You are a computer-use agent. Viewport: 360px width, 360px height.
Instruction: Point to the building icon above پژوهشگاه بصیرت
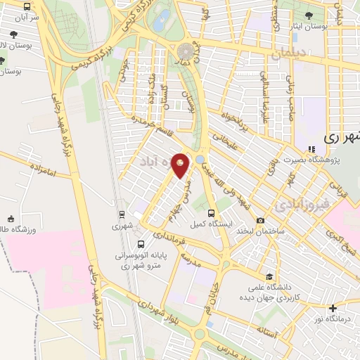[310, 148]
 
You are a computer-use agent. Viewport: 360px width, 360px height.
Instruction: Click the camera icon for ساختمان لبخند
[261, 220]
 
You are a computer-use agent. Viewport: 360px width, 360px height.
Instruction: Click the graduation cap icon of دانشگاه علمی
[269, 276]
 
